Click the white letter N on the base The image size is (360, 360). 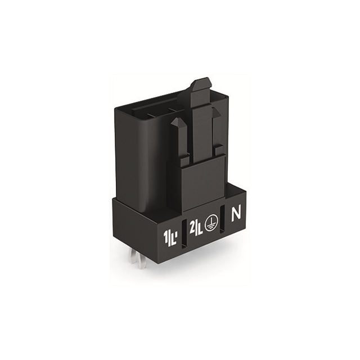(x=236, y=214)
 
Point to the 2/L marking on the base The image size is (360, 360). (x=196, y=228)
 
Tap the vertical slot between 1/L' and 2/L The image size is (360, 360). (x=184, y=235)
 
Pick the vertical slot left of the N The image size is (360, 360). (x=223, y=219)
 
